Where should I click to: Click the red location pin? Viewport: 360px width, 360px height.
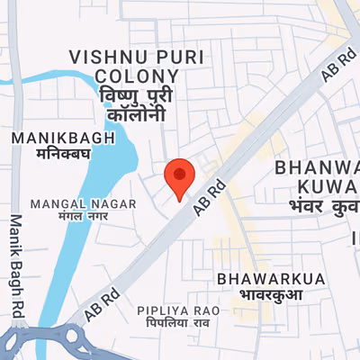(x=180, y=176)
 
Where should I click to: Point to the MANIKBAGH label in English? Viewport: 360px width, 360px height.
(x=65, y=139)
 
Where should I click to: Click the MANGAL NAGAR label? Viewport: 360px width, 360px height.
(x=84, y=204)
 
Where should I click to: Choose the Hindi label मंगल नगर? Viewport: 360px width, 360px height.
(x=84, y=218)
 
